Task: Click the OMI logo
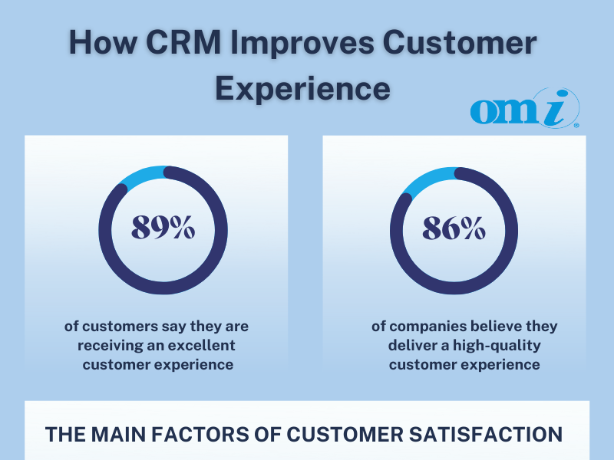[x=523, y=110]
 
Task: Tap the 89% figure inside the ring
[x=163, y=228]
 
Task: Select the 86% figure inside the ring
[x=454, y=228]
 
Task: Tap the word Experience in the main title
[x=302, y=88]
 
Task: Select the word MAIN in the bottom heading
[x=129, y=434]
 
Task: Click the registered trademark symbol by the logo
[x=576, y=124]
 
